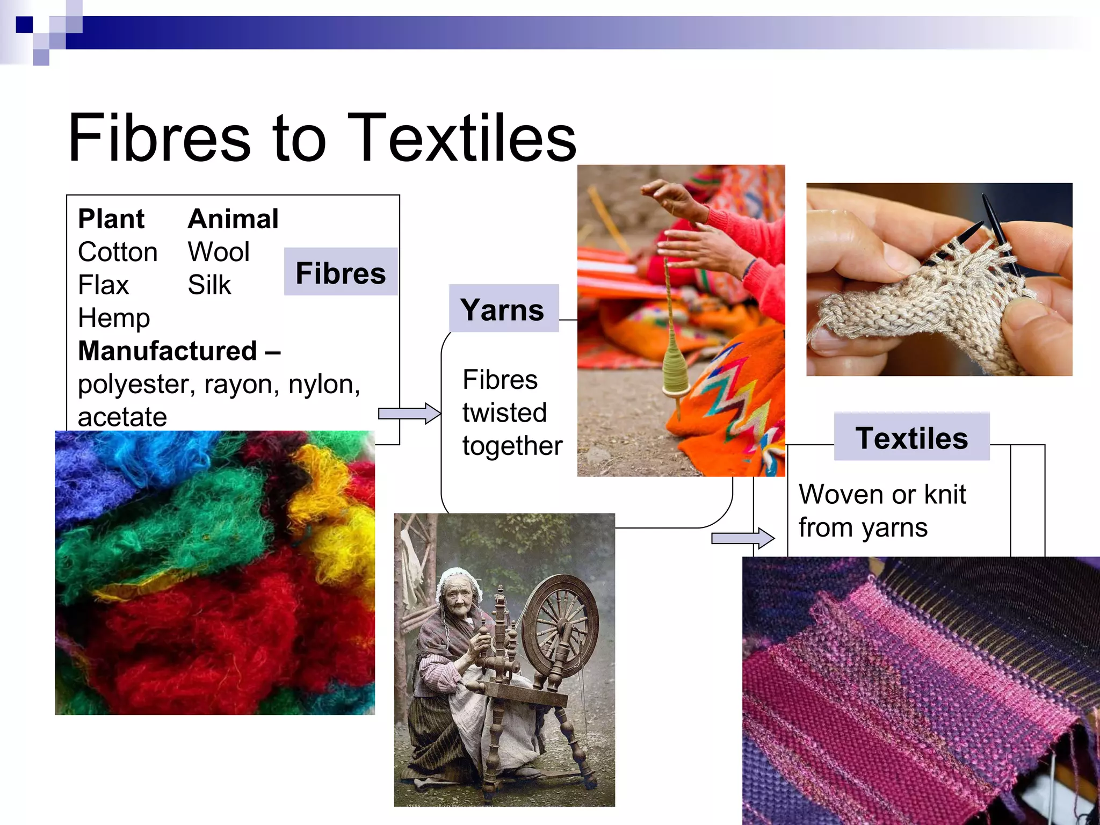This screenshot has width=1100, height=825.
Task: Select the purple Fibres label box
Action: pos(341,272)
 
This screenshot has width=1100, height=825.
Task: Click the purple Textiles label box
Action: pos(911,437)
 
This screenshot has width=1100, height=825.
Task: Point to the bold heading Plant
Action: pos(111,219)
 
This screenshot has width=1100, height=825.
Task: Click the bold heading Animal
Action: pos(233,219)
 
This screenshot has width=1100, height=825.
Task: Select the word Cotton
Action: pos(118,252)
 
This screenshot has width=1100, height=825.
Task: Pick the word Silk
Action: pos(209,285)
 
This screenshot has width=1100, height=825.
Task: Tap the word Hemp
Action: pos(114,318)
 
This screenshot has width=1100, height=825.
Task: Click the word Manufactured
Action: pos(168,351)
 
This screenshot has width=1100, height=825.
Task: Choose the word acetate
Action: pos(122,417)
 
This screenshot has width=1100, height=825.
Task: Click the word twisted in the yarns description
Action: pos(504,412)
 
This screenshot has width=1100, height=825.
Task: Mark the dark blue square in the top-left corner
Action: pos(24,25)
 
